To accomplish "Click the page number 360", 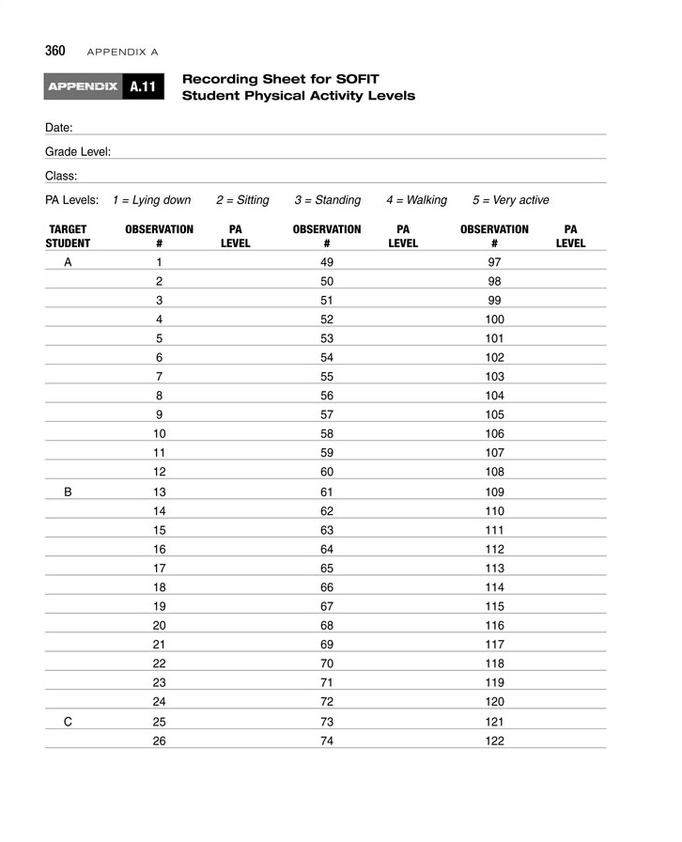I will point(54,50).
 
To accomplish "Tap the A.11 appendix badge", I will point(143,87).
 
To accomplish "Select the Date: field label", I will point(59,127).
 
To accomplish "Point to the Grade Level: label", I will point(78,151).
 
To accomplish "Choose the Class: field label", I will point(61,176).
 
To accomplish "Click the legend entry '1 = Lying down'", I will point(151,200).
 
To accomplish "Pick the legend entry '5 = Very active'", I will point(510,200).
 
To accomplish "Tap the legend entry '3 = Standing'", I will point(327,200).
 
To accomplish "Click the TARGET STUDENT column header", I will point(69,236).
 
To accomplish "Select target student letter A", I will point(68,262).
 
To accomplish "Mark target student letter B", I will point(68,491).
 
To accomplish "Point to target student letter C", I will point(68,721).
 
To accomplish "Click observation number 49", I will point(327,262).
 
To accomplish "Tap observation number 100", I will point(495,320).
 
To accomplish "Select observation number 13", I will point(160,491).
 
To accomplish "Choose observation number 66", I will point(327,587).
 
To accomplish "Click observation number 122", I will point(495,741).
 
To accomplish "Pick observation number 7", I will point(160,377).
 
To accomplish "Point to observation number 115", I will point(495,606).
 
